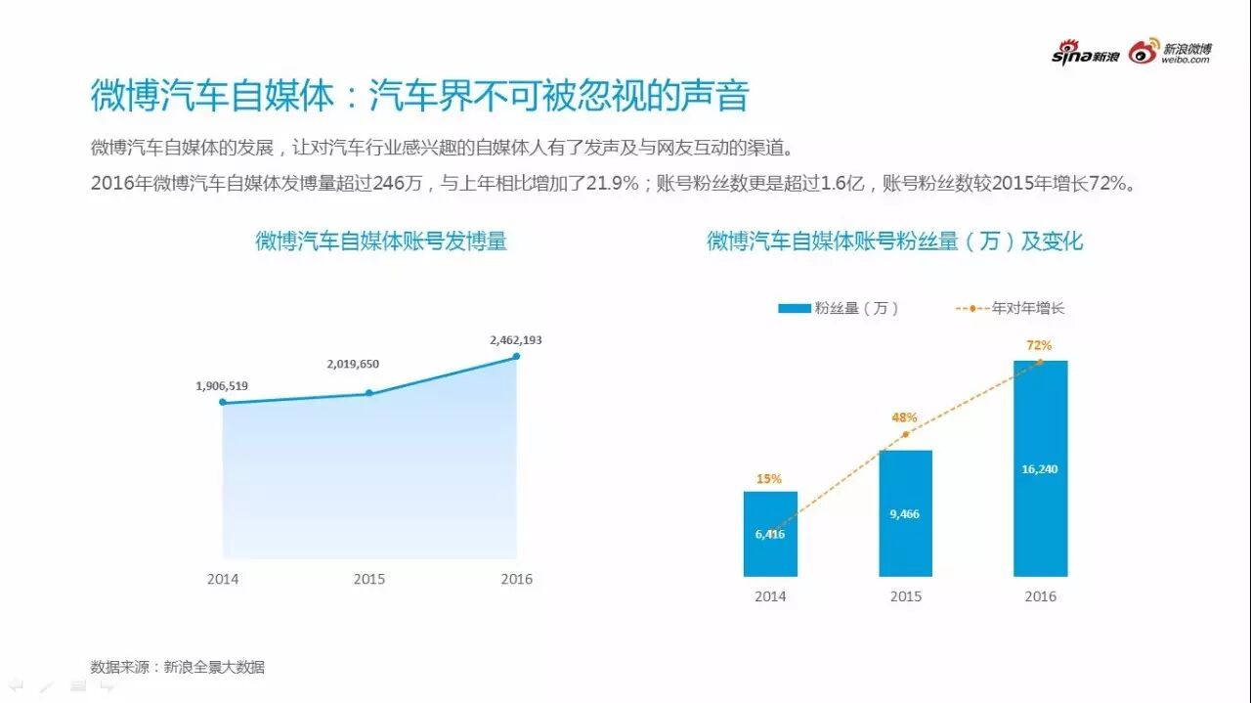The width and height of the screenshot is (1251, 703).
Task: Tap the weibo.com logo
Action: coord(1170,53)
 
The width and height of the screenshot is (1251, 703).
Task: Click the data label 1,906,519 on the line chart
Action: coord(222,386)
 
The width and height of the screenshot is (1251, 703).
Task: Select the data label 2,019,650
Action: coord(353,364)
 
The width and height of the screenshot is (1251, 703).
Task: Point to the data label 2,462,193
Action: coord(515,340)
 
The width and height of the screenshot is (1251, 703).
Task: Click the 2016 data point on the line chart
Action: coord(516,356)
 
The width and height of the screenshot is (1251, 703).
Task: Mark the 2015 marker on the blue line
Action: coord(368,393)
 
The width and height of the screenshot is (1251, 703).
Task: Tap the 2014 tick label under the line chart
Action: coord(223,579)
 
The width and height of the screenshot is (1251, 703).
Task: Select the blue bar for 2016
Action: coord(1040,468)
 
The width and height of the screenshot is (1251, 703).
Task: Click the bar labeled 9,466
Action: coord(905,513)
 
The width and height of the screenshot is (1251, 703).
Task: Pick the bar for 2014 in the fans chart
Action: coord(770,534)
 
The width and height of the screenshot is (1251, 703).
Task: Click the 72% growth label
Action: coord(1039,345)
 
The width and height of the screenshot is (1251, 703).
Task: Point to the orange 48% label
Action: coord(904,417)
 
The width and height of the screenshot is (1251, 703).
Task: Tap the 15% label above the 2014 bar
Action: coord(769,479)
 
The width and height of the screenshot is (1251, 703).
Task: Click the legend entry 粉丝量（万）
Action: coord(838,308)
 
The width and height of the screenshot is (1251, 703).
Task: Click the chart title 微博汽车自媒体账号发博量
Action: coord(381,241)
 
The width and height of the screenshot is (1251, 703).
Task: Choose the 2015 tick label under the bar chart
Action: coord(905,596)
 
